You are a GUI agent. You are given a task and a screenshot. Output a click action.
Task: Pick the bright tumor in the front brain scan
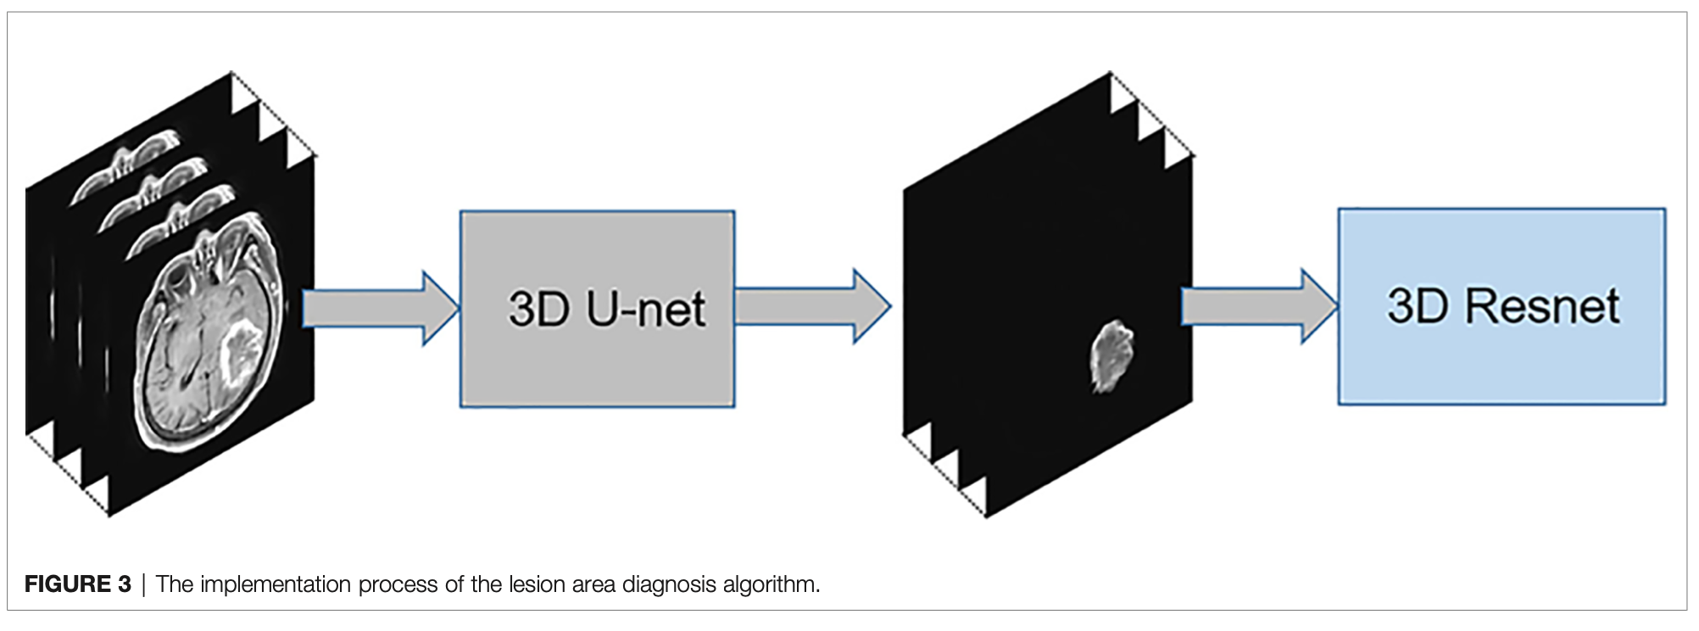click(241, 348)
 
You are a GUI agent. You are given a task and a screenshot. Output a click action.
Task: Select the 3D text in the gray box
click(538, 310)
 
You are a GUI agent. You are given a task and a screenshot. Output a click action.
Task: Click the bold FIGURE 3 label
click(78, 584)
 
